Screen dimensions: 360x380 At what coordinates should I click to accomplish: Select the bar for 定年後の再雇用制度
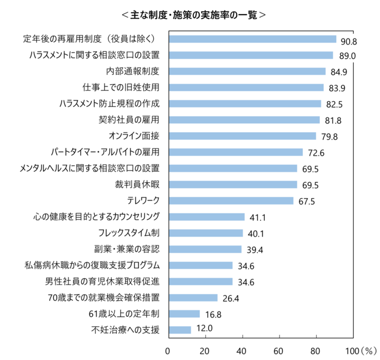[x=252, y=39]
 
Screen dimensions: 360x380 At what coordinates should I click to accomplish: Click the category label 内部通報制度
[x=133, y=71]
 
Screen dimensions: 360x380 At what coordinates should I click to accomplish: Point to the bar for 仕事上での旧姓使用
[x=246, y=88]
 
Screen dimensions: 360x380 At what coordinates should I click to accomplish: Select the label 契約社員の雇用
[x=129, y=120]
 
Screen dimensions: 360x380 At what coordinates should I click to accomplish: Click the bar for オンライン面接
[x=241, y=136]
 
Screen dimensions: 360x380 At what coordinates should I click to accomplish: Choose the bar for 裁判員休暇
[x=232, y=185]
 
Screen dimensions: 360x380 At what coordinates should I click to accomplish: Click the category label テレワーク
[x=139, y=200]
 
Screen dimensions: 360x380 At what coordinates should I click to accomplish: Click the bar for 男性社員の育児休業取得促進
[x=200, y=282]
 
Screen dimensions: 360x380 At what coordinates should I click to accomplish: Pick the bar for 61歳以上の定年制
[x=184, y=314]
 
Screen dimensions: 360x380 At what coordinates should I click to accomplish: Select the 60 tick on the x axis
[x=279, y=351]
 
